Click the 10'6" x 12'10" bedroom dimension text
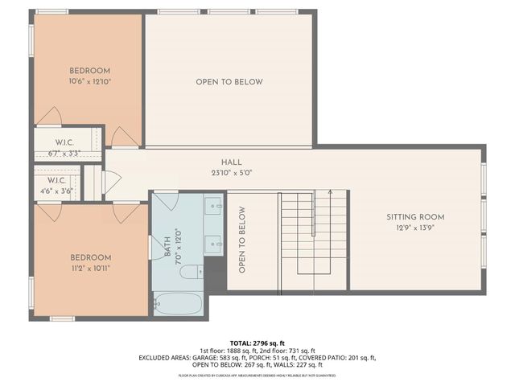click(89, 81)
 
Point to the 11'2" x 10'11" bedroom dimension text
click(89, 268)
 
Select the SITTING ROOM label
click(415, 217)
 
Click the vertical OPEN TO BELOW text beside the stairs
click(241, 240)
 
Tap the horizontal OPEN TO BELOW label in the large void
click(229, 82)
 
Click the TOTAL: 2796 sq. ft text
click(257, 341)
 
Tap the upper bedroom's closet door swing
click(49, 117)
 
